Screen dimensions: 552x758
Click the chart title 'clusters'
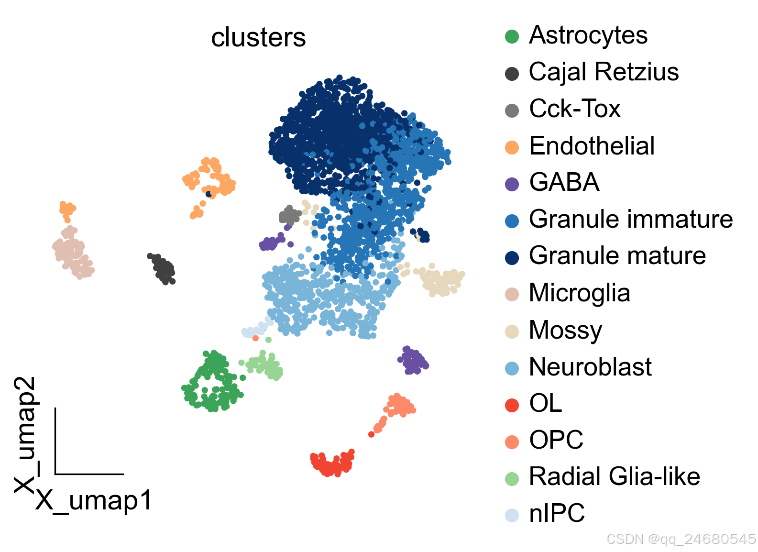(258, 38)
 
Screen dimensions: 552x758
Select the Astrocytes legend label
(588, 35)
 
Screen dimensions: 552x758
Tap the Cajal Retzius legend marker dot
(512, 74)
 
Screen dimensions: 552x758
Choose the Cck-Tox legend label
(574, 109)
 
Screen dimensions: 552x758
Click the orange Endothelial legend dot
(512, 147)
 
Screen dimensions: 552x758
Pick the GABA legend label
(564, 183)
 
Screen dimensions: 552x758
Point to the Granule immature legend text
(630, 220)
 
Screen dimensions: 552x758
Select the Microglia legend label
(579, 293)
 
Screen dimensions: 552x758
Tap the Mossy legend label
(565, 330)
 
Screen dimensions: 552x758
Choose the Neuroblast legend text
(590, 367)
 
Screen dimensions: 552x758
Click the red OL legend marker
(512, 405)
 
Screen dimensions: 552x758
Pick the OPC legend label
(556, 440)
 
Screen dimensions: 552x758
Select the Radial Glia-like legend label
(614, 477)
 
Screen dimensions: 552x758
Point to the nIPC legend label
(557, 514)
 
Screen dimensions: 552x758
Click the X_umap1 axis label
(94, 501)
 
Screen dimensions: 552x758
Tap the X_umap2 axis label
(26, 434)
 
